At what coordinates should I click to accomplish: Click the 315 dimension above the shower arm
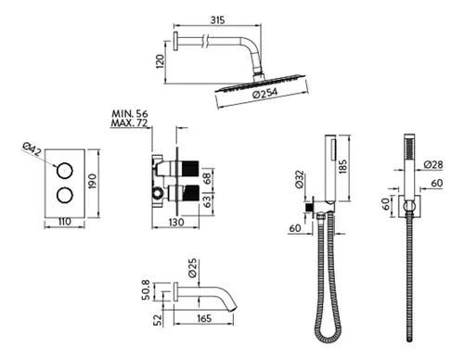coord(217,20)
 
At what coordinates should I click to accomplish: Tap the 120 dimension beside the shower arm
coord(160,61)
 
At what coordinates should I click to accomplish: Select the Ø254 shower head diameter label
coord(265,93)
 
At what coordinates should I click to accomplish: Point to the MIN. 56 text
coord(130,113)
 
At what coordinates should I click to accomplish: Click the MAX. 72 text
coord(129,123)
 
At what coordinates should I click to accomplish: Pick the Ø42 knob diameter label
coord(32,149)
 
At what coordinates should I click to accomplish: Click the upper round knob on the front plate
coord(65,171)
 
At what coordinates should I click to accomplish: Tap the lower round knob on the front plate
coord(65,195)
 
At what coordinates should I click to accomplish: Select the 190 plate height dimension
coord(93,181)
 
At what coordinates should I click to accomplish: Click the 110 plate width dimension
coord(64,222)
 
